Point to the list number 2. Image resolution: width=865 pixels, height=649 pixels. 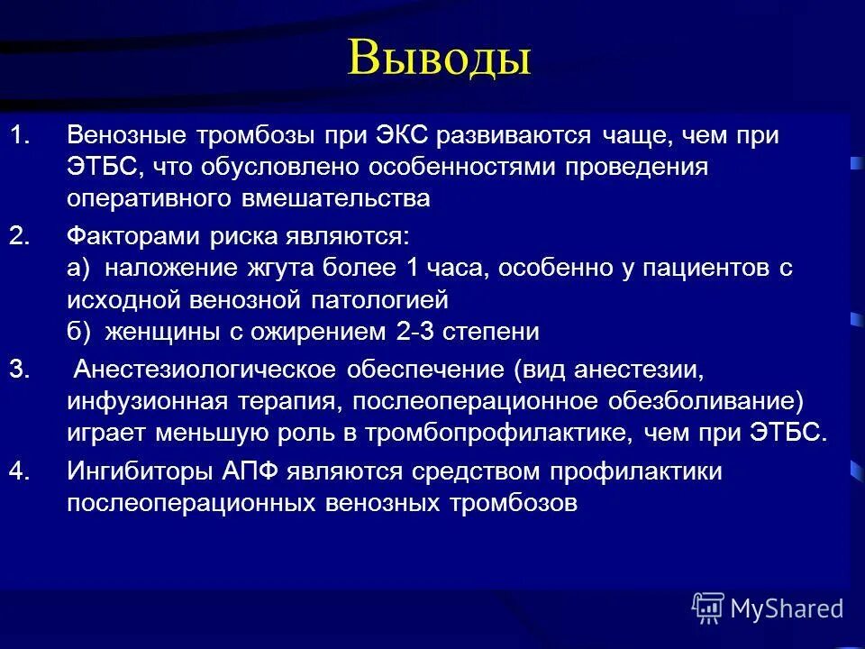click(x=20, y=236)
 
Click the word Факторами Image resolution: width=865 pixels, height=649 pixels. click(x=130, y=236)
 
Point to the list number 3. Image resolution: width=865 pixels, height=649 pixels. click(x=20, y=369)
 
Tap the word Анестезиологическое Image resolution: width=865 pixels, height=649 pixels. click(x=206, y=369)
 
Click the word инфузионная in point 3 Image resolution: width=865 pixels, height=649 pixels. click(x=137, y=400)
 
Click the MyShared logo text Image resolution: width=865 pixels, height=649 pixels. click(x=787, y=608)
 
